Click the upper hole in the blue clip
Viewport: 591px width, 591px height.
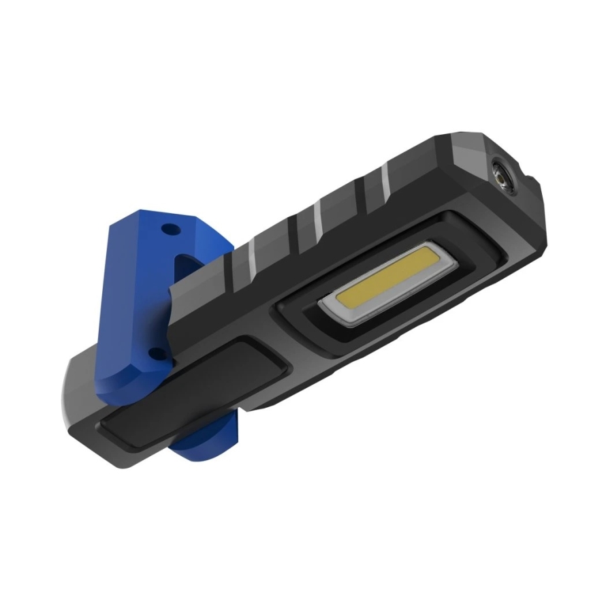[170, 229]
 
